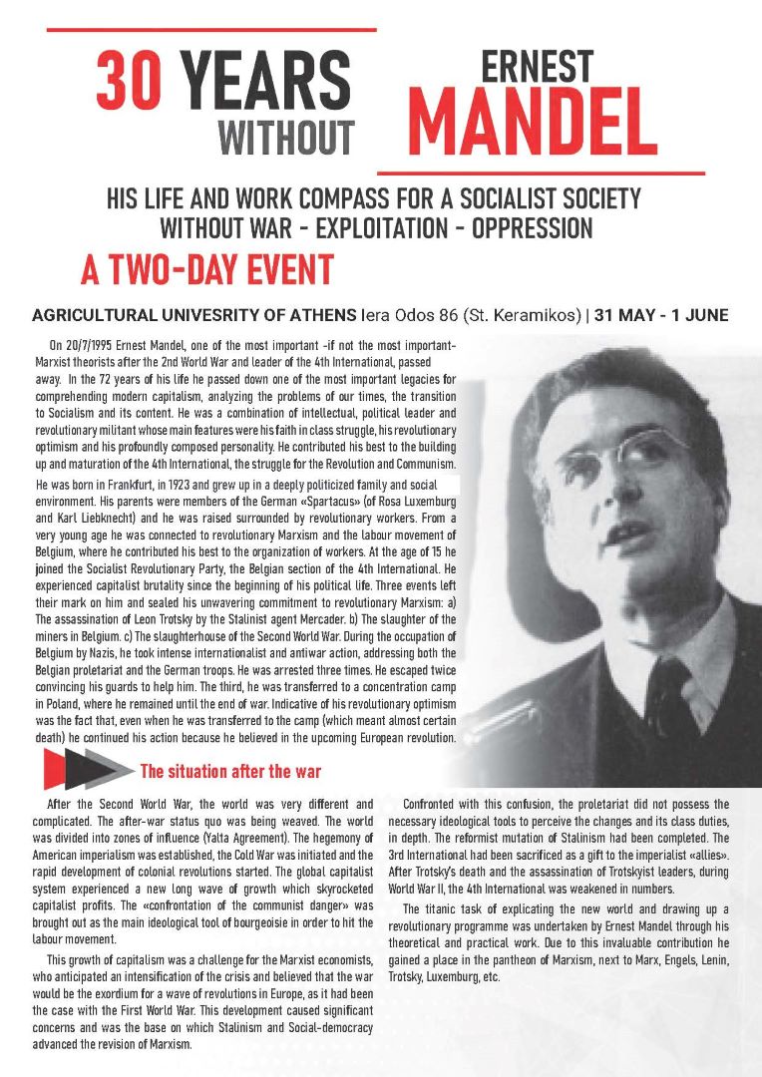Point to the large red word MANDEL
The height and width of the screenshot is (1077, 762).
pos(532,125)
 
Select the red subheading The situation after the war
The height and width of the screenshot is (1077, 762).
pos(230,771)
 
